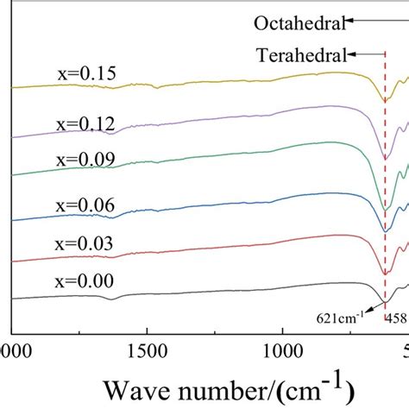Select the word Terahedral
point(299,54)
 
